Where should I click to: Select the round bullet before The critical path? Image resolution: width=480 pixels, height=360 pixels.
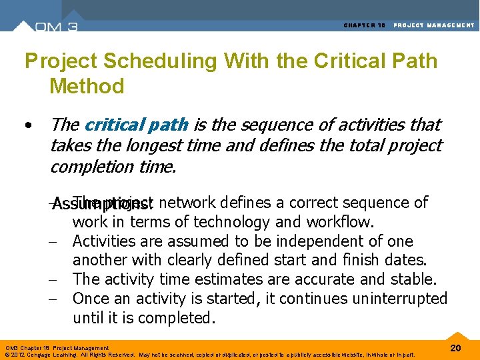pyautogui.click(x=27, y=125)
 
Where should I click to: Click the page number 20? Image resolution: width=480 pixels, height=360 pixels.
pyautogui.click(x=456, y=349)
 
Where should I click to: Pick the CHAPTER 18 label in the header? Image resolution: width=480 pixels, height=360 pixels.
pyautogui.click(x=364, y=25)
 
